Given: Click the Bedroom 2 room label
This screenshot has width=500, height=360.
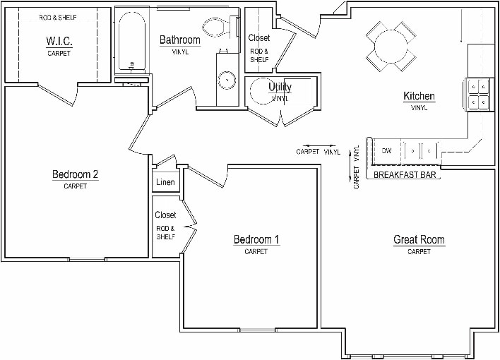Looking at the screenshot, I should click(75, 175).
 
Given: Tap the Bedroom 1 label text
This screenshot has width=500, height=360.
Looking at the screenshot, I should click(256, 240).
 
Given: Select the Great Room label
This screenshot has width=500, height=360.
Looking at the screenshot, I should click(419, 240).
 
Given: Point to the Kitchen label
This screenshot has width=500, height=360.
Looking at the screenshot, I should click(419, 96).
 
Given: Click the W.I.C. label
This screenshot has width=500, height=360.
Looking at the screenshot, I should click(59, 42).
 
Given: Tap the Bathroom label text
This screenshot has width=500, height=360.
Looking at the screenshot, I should click(179, 40).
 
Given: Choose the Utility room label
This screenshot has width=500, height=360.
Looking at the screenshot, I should click(280, 87).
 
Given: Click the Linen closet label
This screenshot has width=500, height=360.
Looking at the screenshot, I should click(165, 182).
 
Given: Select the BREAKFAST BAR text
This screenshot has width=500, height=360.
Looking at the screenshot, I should click(405, 174).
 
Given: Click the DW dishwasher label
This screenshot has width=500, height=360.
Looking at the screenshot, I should click(386, 150).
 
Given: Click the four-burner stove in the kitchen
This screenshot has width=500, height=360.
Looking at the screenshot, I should click(478, 94).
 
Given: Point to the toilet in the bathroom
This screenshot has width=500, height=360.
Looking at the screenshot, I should click(217, 28).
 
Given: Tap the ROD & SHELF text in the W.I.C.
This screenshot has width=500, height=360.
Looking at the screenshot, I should click(58, 17).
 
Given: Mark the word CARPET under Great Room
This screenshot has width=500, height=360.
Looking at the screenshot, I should click(419, 252).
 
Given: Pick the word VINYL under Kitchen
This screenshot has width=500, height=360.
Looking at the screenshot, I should click(419, 108).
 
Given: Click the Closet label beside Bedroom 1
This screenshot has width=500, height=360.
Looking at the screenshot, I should click(165, 215).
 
